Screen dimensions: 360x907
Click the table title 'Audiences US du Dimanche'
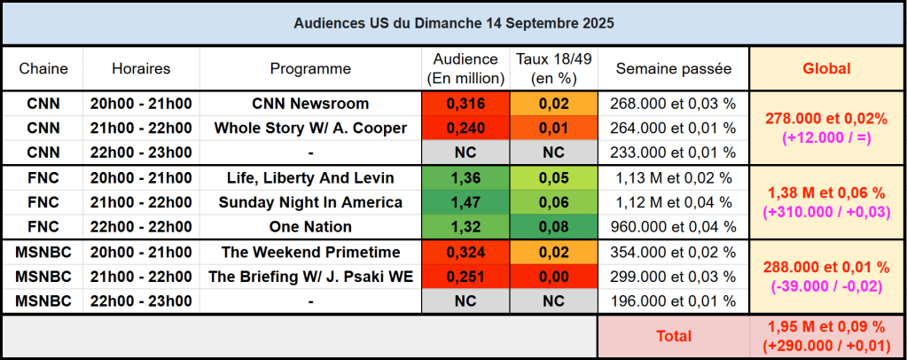click(453, 22)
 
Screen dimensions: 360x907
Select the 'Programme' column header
click(310, 68)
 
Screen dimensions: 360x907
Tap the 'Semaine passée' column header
click(673, 68)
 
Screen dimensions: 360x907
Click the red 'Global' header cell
click(826, 68)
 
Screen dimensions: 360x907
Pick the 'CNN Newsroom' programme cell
click(310, 104)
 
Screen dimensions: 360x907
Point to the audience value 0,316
click(465, 104)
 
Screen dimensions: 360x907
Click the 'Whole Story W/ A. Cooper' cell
click(310, 128)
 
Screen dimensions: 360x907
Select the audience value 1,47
click(465, 202)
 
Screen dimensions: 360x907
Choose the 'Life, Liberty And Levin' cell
click(310, 178)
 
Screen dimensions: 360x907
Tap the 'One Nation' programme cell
click(310, 226)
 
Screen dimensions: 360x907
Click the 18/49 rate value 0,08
click(553, 226)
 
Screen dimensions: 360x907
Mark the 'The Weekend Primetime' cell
click(310, 253)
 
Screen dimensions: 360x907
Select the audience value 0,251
click(465, 277)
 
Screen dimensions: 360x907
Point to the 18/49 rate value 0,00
click(553, 277)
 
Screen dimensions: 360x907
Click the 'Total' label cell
click(673, 336)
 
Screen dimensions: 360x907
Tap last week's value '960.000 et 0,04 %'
click(673, 226)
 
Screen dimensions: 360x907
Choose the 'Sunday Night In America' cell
click(310, 202)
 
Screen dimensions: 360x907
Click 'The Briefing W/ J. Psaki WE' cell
click(310, 277)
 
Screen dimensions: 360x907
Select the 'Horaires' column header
click(141, 68)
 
